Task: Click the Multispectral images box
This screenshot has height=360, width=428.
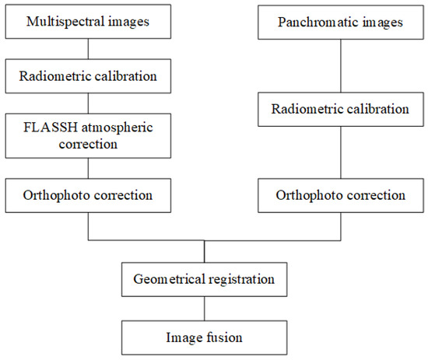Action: click(88, 23)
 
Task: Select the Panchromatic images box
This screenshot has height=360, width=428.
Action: click(340, 23)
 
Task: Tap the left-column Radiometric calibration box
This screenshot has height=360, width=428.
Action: click(88, 76)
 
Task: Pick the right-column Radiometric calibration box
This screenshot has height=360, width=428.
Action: click(340, 109)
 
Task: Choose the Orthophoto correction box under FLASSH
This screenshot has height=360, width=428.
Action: click(88, 194)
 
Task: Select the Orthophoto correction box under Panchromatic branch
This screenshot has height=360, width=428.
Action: click(340, 194)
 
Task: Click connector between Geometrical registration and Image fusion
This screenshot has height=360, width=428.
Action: click(204, 308)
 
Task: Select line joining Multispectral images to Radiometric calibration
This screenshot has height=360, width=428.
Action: click(88, 49)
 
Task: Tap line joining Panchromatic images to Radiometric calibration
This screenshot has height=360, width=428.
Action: click(340, 65)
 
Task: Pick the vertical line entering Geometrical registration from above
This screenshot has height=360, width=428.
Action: click(204, 252)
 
